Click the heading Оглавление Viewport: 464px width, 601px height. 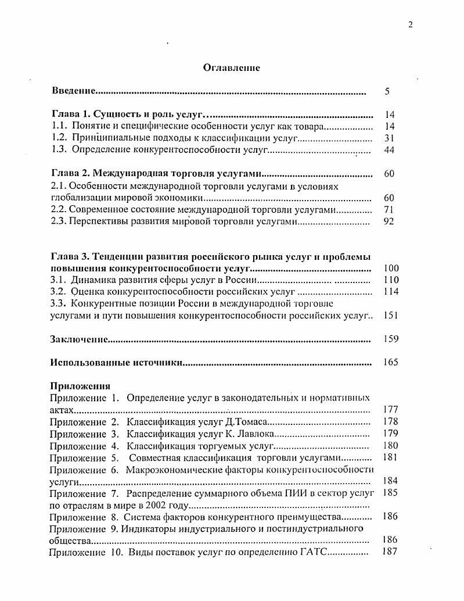coord(231,68)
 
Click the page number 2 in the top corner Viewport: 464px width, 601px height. coord(411,24)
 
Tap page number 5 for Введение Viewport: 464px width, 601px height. coord(387,91)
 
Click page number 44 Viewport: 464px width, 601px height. coord(389,150)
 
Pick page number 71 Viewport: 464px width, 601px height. coord(389,209)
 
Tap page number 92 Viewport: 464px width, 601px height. coord(389,221)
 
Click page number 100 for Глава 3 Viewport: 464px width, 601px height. coord(391,269)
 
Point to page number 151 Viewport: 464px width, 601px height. coord(391,316)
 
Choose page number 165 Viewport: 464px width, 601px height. coord(391,363)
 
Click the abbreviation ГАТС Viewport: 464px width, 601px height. coord(314,552)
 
